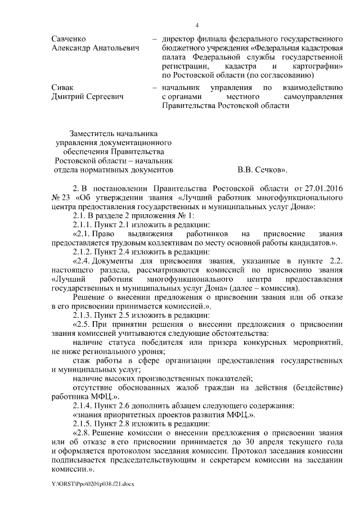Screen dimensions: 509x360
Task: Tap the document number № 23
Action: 60,197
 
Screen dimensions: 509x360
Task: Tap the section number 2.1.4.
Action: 84,405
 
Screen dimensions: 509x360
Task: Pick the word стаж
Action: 82,361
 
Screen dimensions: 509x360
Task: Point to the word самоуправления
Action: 309,98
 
